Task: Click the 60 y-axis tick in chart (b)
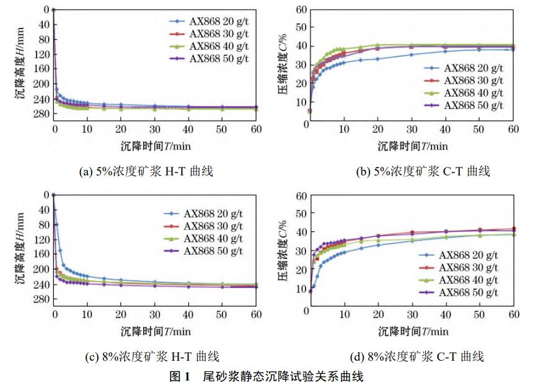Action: [x=301, y=9]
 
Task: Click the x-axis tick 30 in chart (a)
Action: [x=154, y=128]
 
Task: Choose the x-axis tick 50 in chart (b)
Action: [x=478, y=128]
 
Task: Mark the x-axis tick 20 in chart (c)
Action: [x=121, y=314]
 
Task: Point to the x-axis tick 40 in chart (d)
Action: [x=444, y=314]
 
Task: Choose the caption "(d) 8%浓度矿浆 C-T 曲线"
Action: [x=412, y=357]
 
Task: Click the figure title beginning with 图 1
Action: [x=266, y=376]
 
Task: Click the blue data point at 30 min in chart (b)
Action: [x=410, y=55]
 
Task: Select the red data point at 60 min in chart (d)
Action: [x=513, y=229]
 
